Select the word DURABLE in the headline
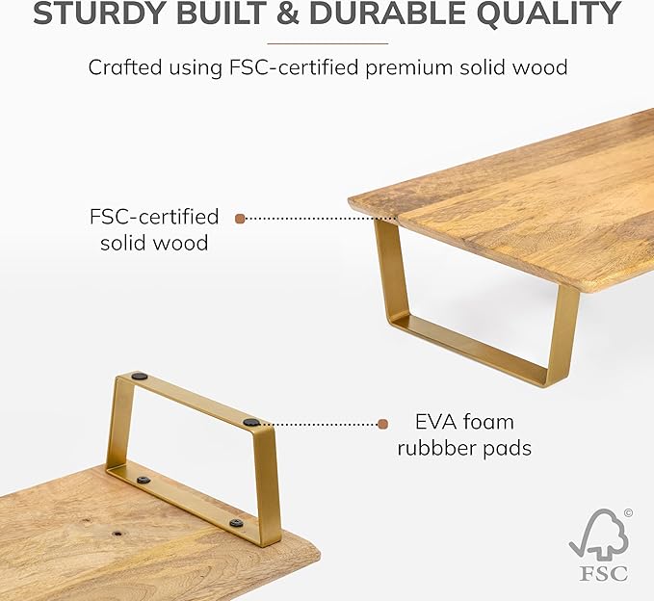click(x=387, y=13)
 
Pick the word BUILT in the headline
click(x=220, y=13)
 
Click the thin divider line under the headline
click(x=327, y=43)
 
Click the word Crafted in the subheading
click(x=124, y=66)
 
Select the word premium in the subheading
click(x=408, y=68)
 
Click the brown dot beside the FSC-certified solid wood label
click(x=240, y=219)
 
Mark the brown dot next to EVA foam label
click(x=383, y=424)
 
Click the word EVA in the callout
click(x=433, y=422)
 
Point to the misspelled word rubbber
click(x=436, y=449)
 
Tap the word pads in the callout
click(x=508, y=449)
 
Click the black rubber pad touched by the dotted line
click(x=251, y=423)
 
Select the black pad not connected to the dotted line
click(x=140, y=377)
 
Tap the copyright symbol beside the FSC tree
click(x=628, y=512)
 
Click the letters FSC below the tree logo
click(x=603, y=573)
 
